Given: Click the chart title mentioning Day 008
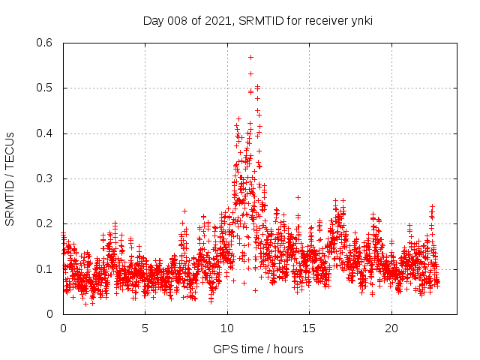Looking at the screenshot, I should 257,21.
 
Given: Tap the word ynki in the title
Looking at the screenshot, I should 359,21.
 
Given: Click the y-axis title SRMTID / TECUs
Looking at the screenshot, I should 10,178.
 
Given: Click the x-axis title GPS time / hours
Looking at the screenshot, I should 257,349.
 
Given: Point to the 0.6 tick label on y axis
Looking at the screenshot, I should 46,43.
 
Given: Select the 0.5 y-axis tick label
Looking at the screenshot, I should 46,88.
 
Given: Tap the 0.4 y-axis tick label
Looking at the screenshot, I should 46,133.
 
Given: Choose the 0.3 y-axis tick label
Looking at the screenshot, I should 46,178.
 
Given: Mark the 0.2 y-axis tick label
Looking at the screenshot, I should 46,223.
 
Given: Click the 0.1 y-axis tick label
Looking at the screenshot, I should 46,268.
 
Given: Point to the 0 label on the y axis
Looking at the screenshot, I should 52,313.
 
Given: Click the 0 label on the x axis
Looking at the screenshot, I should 63,328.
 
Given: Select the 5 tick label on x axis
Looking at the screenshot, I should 145,328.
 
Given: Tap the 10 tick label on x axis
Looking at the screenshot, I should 227,328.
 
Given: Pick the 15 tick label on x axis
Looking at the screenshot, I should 310,328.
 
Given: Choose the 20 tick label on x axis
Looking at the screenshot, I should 391,328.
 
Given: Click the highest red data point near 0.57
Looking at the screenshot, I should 250,57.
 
